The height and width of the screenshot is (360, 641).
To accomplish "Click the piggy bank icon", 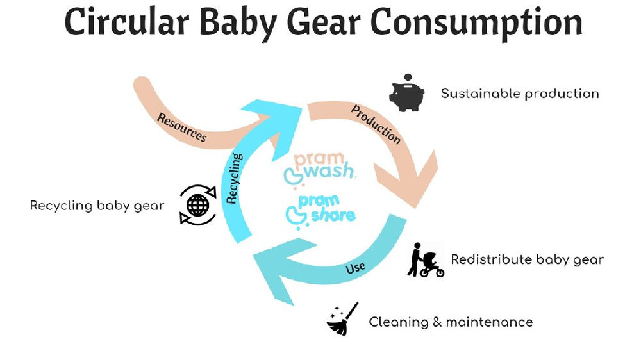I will coord(407,94).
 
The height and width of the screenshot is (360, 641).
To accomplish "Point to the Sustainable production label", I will coord(520,94).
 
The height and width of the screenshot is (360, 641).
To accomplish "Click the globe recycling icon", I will coord(197,205).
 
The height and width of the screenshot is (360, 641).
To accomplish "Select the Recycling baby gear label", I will coord(97,206).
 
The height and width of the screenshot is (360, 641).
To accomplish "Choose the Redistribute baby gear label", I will coord(528,259).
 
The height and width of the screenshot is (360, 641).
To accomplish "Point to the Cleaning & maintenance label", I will coord(451,321).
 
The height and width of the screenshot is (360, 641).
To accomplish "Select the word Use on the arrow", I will coord(355,267).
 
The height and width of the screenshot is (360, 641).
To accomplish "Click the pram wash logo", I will coord(320,166).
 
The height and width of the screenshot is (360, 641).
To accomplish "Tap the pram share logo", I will coord(320,211).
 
